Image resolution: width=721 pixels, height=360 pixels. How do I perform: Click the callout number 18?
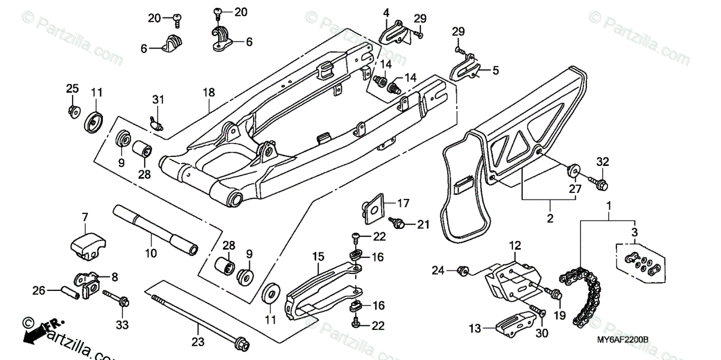(208, 93)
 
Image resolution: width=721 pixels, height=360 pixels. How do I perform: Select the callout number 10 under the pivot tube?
(151, 254)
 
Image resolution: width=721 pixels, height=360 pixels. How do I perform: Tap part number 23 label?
(199, 342)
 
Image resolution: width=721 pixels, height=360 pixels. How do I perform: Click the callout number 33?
(122, 325)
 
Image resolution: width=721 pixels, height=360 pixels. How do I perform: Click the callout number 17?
(403, 203)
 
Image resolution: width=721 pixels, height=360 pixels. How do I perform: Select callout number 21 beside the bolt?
(424, 225)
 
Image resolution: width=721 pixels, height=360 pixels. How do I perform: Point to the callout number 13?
(475, 328)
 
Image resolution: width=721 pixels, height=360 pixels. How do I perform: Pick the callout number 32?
(603, 161)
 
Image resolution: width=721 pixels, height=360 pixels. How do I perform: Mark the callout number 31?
(157, 99)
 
